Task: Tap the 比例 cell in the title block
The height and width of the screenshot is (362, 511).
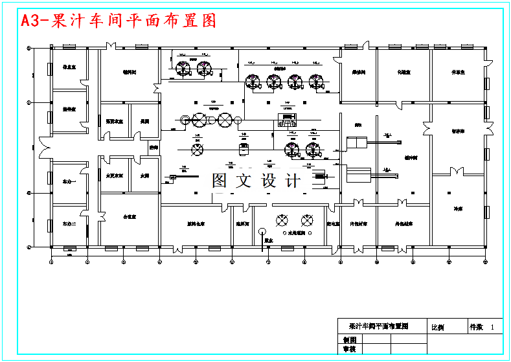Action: (x=438, y=328)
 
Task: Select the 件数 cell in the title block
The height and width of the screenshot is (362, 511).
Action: (x=477, y=328)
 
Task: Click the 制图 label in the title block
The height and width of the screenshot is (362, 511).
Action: (x=349, y=340)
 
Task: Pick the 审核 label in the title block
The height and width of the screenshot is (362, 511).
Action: (x=349, y=350)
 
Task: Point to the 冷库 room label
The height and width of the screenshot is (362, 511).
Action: (x=457, y=209)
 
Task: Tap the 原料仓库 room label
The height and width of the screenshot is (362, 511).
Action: (x=196, y=223)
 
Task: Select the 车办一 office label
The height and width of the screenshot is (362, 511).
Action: (x=69, y=182)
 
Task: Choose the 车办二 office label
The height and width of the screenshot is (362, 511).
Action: (x=69, y=223)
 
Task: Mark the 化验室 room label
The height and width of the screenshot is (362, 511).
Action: (x=403, y=72)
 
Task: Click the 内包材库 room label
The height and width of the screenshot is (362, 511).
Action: (x=358, y=223)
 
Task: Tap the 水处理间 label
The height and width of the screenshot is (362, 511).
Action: (x=297, y=233)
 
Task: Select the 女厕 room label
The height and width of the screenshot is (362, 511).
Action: (x=144, y=175)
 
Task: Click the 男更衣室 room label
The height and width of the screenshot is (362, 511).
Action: (x=113, y=120)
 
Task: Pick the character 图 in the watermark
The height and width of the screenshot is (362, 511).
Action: (x=220, y=181)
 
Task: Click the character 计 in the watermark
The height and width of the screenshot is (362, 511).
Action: (x=293, y=181)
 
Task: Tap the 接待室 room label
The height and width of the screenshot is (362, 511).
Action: (x=69, y=110)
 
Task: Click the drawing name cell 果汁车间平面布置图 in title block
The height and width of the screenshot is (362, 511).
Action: (x=379, y=326)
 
